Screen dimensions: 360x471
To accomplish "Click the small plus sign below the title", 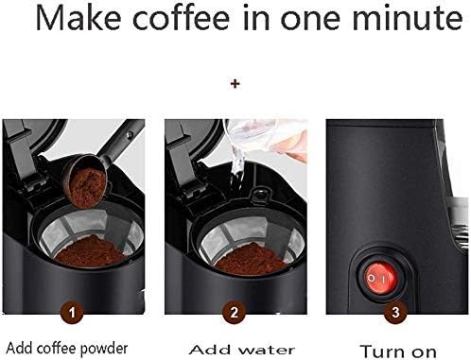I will click(235, 84).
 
